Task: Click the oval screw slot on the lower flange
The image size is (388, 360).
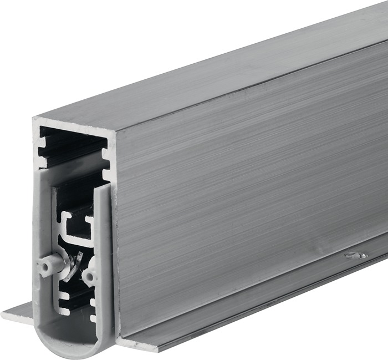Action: tap(355, 256)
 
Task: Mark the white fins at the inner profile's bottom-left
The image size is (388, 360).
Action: tap(62, 302)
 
